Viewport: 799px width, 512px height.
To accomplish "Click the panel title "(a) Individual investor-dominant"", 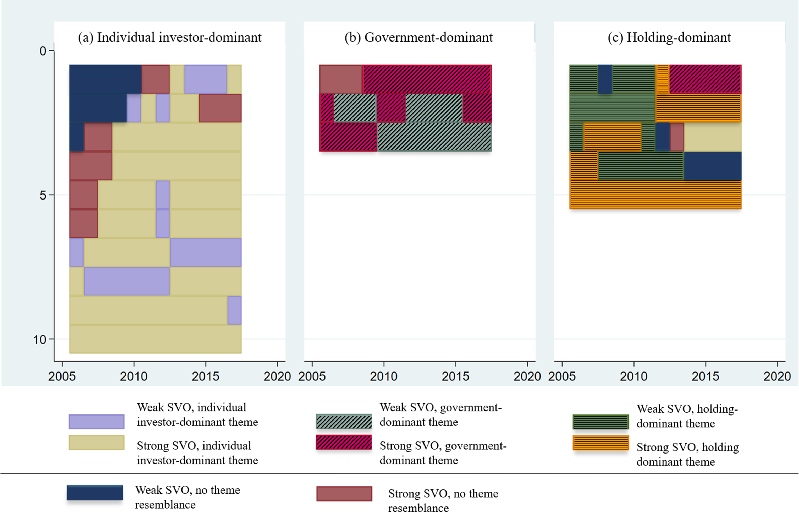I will (x=170, y=37).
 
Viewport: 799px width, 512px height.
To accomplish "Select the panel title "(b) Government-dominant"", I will (x=418, y=37).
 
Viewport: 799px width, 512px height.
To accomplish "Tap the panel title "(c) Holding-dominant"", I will (x=669, y=37).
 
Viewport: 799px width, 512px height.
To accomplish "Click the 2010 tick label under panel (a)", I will (x=134, y=376).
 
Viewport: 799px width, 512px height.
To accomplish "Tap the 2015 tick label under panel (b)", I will (x=455, y=376).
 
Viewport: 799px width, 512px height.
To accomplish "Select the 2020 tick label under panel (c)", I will (x=777, y=376).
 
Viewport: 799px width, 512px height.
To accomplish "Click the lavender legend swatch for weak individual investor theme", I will (x=97, y=422).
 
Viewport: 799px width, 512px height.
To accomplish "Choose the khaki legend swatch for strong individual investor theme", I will (x=97, y=443).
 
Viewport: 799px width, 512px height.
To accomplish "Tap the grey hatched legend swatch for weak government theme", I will (x=344, y=422).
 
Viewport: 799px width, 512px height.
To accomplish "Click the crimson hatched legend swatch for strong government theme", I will (x=344, y=443).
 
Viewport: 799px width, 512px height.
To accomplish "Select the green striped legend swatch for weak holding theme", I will (x=601, y=422).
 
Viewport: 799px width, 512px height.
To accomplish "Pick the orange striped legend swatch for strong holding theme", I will (x=601, y=443).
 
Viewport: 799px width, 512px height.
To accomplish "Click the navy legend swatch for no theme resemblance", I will (x=95, y=493).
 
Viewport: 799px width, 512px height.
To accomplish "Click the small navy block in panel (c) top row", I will (x=605, y=79).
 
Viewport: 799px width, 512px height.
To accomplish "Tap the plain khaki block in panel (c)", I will (x=713, y=137).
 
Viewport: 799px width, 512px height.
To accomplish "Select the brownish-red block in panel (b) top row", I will (x=341, y=79).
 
